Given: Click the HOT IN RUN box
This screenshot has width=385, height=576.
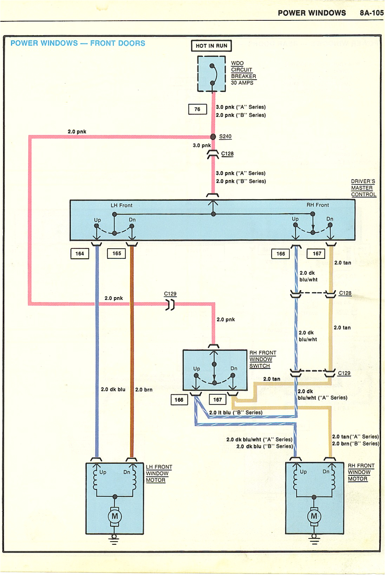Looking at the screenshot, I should pyautogui.click(x=211, y=46).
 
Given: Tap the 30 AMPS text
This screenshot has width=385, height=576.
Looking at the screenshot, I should pyautogui.click(x=242, y=83).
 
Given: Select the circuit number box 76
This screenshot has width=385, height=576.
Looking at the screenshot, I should pyautogui.click(x=197, y=109).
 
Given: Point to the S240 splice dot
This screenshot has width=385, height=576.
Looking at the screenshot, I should pyautogui.click(x=213, y=137).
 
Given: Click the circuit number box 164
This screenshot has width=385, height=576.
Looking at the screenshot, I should pyautogui.click(x=80, y=254).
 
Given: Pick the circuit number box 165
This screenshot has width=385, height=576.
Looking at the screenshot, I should pyautogui.click(x=117, y=253).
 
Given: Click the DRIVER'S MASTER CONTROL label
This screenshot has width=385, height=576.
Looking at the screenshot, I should pyautogui.click(x=363, y=188).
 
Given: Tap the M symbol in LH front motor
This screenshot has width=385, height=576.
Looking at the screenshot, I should pyautogui.click(x=115, y=516).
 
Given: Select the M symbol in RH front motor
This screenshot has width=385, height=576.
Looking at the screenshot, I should pyautogui.click(x=314, y=516).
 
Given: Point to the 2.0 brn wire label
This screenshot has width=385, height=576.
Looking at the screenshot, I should pyautogui.click(x=144, y=390).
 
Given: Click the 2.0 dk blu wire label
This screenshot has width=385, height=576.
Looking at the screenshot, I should pyautogui.click(x=113, y=390).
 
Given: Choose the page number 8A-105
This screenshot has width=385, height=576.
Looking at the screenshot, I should pyautogui.click(x=371, y=13).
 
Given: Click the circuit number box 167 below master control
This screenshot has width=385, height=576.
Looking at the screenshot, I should pyautogui.click(x=317, y=254).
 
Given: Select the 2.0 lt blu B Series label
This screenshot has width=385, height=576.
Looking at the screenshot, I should pyautogui.click(x=236, y=413).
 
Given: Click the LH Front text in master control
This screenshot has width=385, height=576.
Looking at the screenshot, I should pyautogui.click(x=122, y=205).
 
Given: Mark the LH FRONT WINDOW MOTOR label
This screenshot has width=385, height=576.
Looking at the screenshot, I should pyautogui.click(x=158, y=473).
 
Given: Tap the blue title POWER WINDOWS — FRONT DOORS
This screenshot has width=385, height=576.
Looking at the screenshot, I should pyautogui.click(x=78, y=43).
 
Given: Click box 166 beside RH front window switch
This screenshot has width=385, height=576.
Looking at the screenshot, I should pyautogui.click(x=179, y=400).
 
